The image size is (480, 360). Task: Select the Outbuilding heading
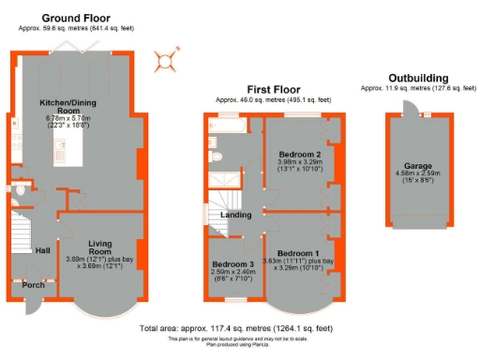tap(417, 78)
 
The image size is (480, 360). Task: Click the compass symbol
tap(167, 62)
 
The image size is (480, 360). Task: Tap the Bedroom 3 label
tap(230, 264)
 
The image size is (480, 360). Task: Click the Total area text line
tap(236, 329)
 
